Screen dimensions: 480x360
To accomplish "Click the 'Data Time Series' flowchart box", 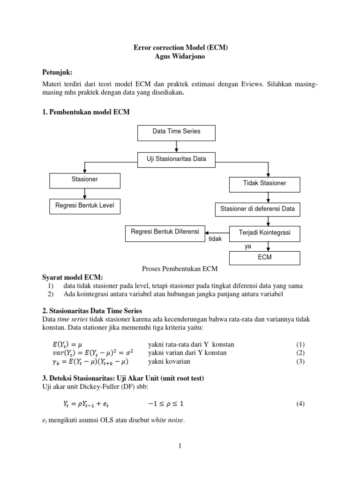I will coord(176,132).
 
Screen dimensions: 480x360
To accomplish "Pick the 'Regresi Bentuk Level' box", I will coord(85,205).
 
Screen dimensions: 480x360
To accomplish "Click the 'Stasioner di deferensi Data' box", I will coord(258,209).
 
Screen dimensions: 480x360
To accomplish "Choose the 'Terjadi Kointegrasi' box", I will coord(265,233).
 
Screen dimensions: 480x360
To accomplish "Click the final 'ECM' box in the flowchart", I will coord(265,257).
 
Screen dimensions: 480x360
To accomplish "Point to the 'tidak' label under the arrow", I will coord(215,239).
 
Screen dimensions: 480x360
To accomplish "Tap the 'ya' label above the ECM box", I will coord(248,246).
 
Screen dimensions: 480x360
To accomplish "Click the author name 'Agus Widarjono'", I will coord(180,56).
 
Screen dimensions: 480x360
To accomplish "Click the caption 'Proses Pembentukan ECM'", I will coord(180,269).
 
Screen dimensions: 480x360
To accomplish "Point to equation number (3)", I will coord(300,361).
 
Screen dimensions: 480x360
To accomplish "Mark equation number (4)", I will coord(300,404).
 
